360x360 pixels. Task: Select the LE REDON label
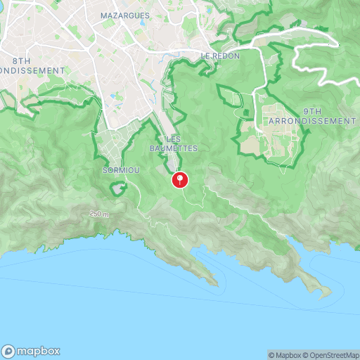point(220,56)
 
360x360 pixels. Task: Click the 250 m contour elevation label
point(100,213)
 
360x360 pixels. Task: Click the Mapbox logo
point(31,351)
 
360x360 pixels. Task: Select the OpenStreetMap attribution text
point(330,354)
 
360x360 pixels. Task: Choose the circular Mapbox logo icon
point(9,351)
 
